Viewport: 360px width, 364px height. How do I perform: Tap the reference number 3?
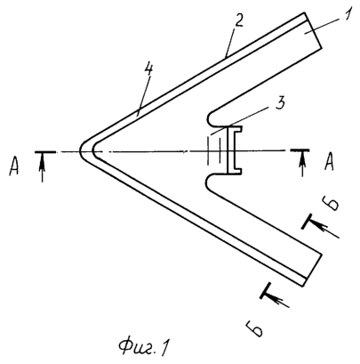pyautogui.click(x=280, y=103)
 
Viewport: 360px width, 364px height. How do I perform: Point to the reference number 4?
pyautogui.click(x=148, y=70)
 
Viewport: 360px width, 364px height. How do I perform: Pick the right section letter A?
pyautogui.click(x=330, y=163)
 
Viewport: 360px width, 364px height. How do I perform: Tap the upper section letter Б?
pyautogui.click(x=331, y=204)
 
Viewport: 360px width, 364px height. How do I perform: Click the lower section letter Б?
pyautogui.click(x=254, y=328)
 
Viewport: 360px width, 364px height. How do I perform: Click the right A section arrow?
pyautogui.click(x=302, y=164)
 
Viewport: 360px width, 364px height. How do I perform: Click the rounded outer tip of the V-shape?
pyautogui.click(x=81, y=150)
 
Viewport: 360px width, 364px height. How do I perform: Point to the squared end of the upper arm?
pyautogui.click(x=313, y=30)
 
